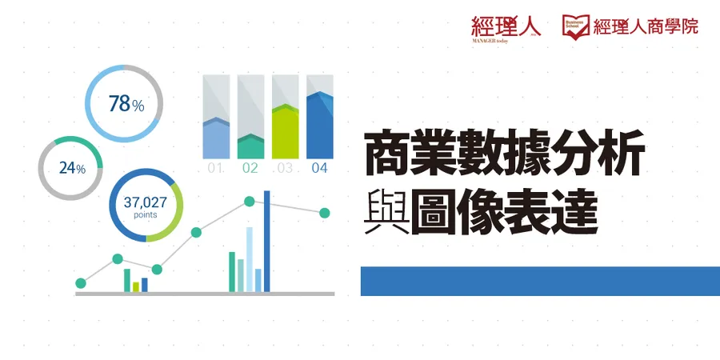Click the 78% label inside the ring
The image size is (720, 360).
click(x=126, y=104)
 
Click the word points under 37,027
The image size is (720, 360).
click(x=145, y=215)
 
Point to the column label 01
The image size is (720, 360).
click(x=215, y=169)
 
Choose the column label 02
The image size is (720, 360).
click(x=250, y=169)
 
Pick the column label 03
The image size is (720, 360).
click(x=285, y=169)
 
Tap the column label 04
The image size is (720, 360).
click(x=319, y=169)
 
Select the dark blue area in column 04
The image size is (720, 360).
click(x=319, y=128)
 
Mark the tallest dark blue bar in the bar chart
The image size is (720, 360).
click(x=267, y=240)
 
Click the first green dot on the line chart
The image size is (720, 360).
click(x=81, y=282)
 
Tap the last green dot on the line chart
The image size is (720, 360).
click(x=325, y=213)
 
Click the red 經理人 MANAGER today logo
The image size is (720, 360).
click(x=506, y=26)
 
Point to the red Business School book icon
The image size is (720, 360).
click(x=576, y=26)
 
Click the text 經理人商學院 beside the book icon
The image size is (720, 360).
click(x=646, y=26)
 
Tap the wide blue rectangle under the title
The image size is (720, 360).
click(x=540, y=281)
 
